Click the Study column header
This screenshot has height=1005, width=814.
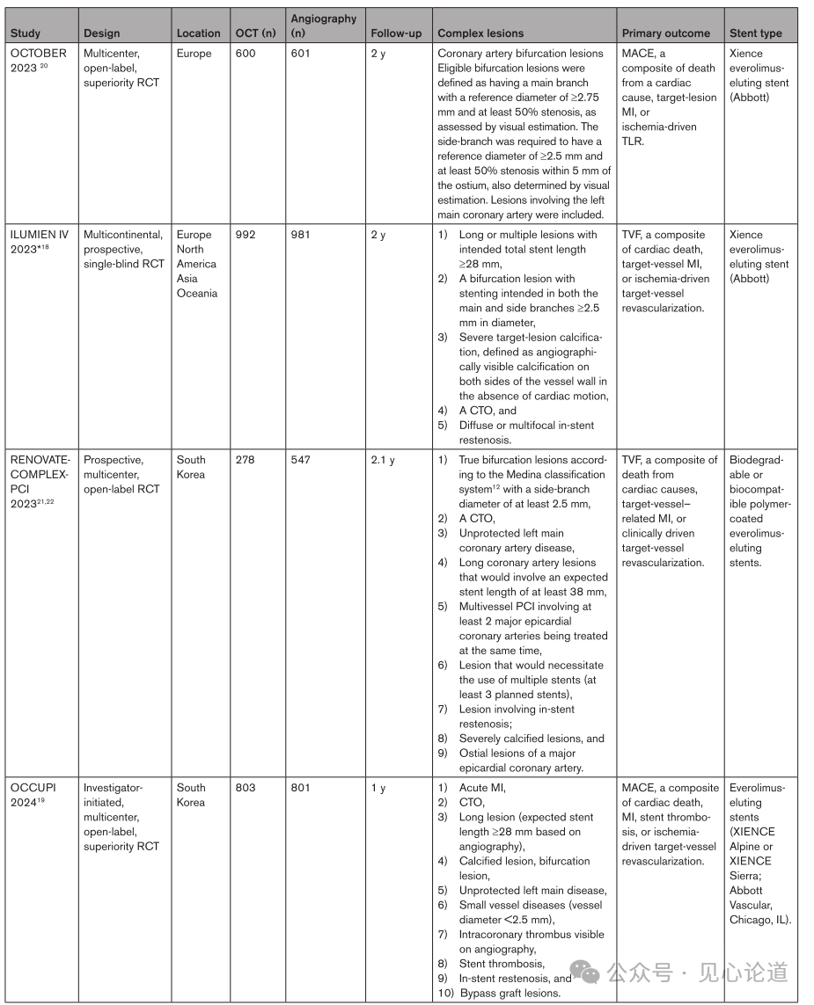coord(26,33)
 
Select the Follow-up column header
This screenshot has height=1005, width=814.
coord(395,33)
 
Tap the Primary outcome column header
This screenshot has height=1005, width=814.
coord(665,33)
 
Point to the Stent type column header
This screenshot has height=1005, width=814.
coord(755,33)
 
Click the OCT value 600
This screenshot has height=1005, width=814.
coord(247,54)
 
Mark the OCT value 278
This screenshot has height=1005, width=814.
coord(246,460)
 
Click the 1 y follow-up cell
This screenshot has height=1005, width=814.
coord(378,788)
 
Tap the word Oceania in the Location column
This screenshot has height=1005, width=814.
coord(197,293)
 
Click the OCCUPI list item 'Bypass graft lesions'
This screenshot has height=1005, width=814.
coord(510,993)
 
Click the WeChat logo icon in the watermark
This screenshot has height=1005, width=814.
coord(586,972)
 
